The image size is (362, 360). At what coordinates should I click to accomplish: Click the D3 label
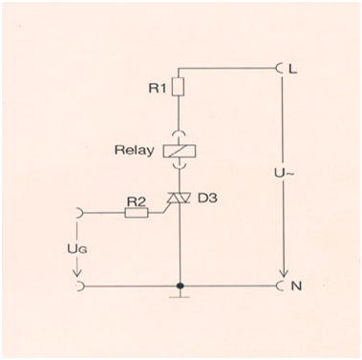(207, 198)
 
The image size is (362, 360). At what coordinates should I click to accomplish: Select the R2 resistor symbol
(137, 212)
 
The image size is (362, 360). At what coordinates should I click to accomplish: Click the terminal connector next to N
(280, 286)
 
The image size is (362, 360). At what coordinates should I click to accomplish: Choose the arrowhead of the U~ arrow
(283, 274)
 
